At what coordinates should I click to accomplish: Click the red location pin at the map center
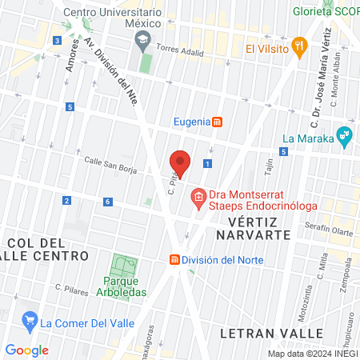pos(180,162)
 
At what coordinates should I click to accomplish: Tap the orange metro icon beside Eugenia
pos(217,122)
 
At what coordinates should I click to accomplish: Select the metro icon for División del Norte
pos(174,259)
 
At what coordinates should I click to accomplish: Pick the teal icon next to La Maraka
pos(345,135)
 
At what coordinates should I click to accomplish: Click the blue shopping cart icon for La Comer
pos(30,323)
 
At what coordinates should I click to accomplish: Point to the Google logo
pos(26,350)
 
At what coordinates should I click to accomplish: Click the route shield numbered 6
pos(107,202)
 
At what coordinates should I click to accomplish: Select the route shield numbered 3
pos(57,40)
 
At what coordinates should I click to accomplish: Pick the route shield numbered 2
pos(66,200)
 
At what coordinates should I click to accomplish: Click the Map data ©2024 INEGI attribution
pos(313,354)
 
